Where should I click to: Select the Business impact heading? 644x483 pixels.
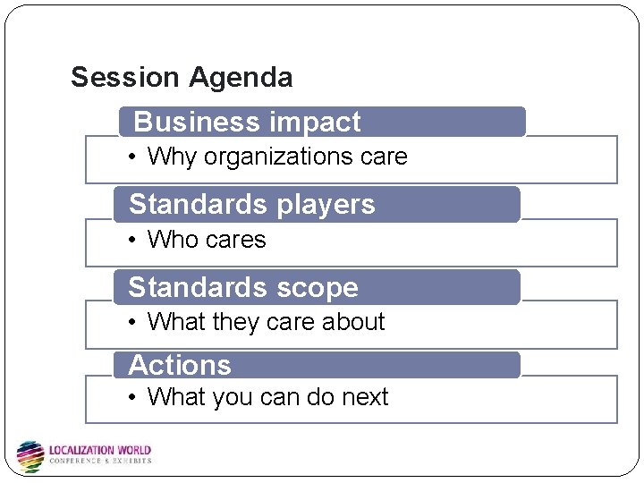[247, 122]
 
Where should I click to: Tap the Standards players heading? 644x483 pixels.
[252, 205]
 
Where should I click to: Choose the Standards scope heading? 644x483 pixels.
[243, 287]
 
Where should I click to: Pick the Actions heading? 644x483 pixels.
[180, 365]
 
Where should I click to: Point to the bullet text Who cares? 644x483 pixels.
[207, 240]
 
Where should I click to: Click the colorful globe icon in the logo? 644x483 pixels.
[30, 455]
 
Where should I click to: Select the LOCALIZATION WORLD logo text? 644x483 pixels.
[99, 450]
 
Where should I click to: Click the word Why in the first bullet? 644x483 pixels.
[172, 157]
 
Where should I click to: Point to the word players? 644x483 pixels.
[326, 205]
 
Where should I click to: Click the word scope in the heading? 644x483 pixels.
[318, 287]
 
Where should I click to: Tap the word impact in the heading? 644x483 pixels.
[316, 122]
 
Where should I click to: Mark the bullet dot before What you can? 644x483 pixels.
[131, 397]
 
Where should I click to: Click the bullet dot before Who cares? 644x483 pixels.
[131, 240]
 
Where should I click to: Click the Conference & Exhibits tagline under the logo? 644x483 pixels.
[99, 462]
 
